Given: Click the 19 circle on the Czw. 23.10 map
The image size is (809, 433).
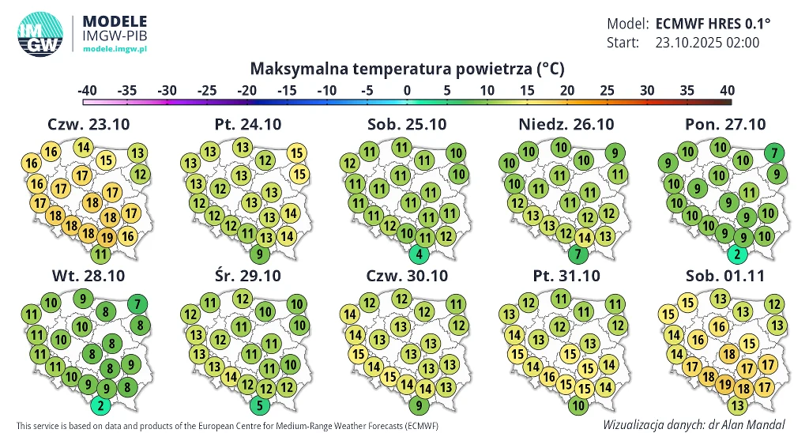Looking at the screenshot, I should coord(107,236).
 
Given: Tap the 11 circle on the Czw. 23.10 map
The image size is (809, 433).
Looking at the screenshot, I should coord(100,254).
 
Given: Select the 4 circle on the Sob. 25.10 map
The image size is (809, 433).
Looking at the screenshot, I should coord(420,254).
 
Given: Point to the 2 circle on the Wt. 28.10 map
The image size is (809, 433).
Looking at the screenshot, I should coord(100,406).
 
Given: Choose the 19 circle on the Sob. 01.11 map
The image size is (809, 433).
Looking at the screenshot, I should coord(725,385).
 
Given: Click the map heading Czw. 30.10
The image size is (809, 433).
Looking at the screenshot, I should coord(406,276).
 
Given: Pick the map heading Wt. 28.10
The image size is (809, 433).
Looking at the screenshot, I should coord(88,276).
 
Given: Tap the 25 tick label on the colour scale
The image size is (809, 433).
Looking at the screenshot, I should coord(607,90).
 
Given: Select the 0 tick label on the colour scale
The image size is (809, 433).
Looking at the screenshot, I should coord(407,90).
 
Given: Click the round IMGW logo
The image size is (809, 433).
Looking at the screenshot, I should coord(40,34).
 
